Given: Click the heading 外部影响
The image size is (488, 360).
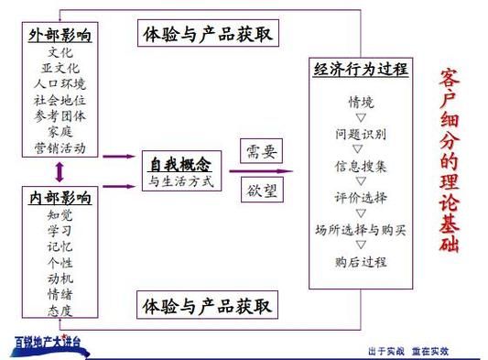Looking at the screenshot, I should (61, 36).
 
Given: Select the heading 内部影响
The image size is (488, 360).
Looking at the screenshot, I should (60, 198).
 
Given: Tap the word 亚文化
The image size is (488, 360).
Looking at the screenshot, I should (60, 68).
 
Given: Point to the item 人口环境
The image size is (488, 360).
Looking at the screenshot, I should (60, 83).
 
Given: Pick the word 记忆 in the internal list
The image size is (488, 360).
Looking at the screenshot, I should (60, 246).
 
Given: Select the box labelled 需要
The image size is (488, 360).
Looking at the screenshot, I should (256, 151).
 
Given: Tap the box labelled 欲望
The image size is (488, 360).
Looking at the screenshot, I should (256, 191).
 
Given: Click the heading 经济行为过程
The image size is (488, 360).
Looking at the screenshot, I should (361, 69).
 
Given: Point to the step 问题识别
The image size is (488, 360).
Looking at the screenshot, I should (361, 134).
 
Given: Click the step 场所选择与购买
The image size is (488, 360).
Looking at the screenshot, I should (361, 228).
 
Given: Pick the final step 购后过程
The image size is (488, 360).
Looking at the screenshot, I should (361, 261).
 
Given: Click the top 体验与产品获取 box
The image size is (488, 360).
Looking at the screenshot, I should (208, 35).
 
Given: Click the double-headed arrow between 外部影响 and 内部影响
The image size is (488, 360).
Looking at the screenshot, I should (60, 171).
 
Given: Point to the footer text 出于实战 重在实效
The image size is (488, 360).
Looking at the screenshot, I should (407, 351).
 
